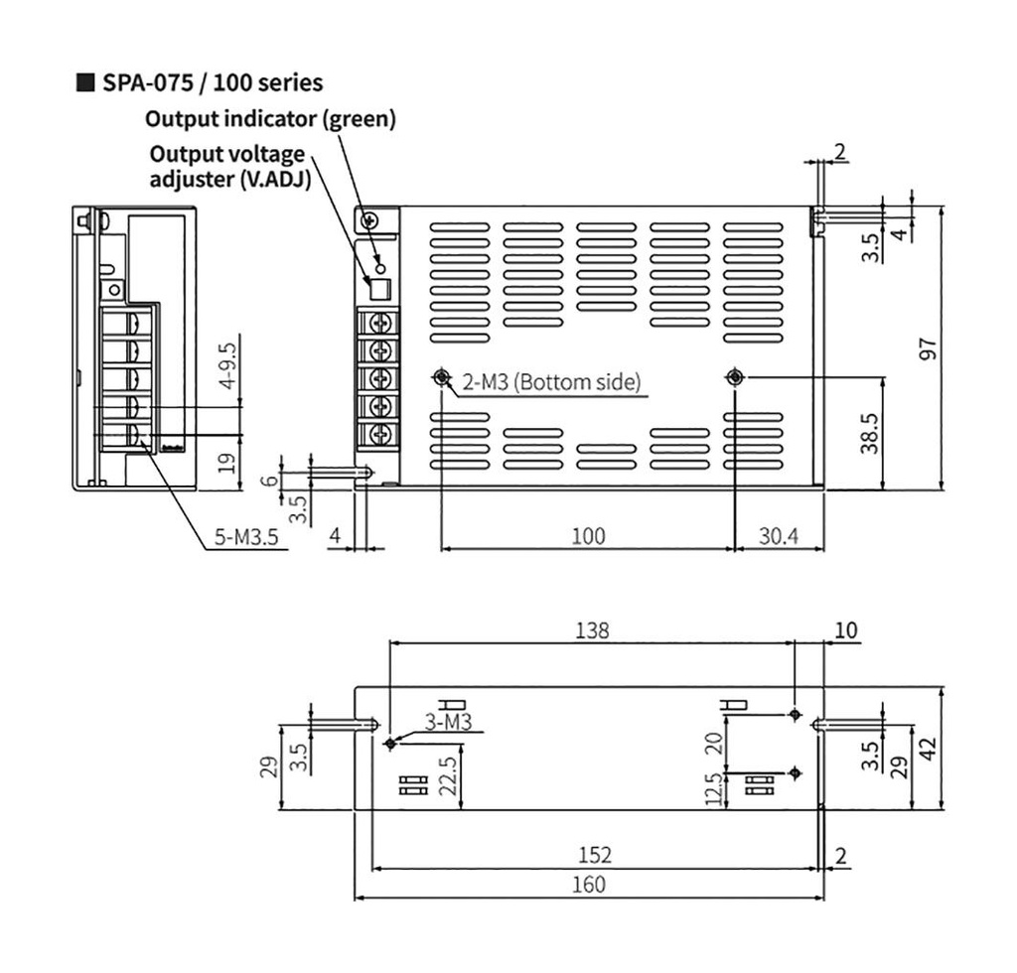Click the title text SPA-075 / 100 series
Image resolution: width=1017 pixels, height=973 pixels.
pyautogui.click(x=212, y=81)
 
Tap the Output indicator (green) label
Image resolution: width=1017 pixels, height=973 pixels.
pyautogui.click(x=270, y=119)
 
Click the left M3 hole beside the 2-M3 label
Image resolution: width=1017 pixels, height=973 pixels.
pyautogui.click(x=441, y=377)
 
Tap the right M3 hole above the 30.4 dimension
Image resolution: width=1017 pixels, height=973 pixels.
pyautogui.click(x=735, y=377)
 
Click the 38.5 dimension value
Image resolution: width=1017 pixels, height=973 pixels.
pyautogui.click(x=869, y=433)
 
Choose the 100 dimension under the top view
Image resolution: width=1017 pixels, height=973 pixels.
pyautogui.click(x=587, y=536)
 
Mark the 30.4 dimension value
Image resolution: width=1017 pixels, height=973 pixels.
pyautogui.click(x=779, y=536)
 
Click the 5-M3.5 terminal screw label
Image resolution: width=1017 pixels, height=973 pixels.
pyautogui.click(x=247, y=539)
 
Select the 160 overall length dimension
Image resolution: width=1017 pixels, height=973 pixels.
pyautogui.click(x=590, y=885)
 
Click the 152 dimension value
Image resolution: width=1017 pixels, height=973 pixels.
pyautogui.click(x=594, y=855)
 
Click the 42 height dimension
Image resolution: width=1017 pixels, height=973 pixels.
pyautogui.click(x=930, y=748)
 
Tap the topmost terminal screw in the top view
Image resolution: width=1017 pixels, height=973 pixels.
pyautogui.click(x=378, y=324)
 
